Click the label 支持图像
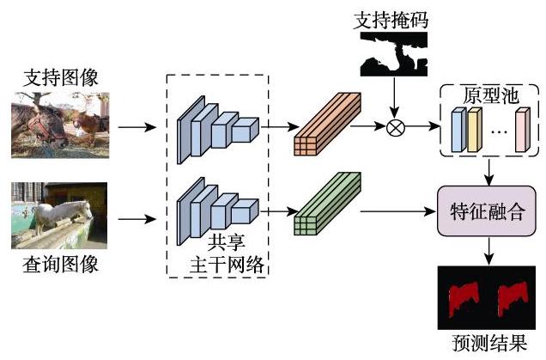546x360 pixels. point(61,77)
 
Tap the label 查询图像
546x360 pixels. point(60,264)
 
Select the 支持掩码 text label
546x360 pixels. point(391,21)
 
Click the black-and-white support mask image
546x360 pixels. point(394,54)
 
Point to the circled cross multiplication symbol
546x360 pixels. point(396,127)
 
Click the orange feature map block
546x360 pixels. point(327,124)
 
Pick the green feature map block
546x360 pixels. point(327,204)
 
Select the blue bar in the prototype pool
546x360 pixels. point(458,130)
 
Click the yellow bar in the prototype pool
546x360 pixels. point(474,130)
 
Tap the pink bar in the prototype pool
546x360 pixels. point(523,130)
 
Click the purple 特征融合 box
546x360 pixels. point(487,211)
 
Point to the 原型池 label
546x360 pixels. point(491,95)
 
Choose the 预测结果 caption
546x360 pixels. point(488,343)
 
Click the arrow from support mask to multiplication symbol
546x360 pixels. point(394,98)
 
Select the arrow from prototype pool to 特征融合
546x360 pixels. point(489,173)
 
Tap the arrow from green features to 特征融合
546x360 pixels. point(398,211)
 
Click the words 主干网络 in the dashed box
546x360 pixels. point(227,265)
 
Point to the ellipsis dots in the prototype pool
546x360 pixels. point(499,132)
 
